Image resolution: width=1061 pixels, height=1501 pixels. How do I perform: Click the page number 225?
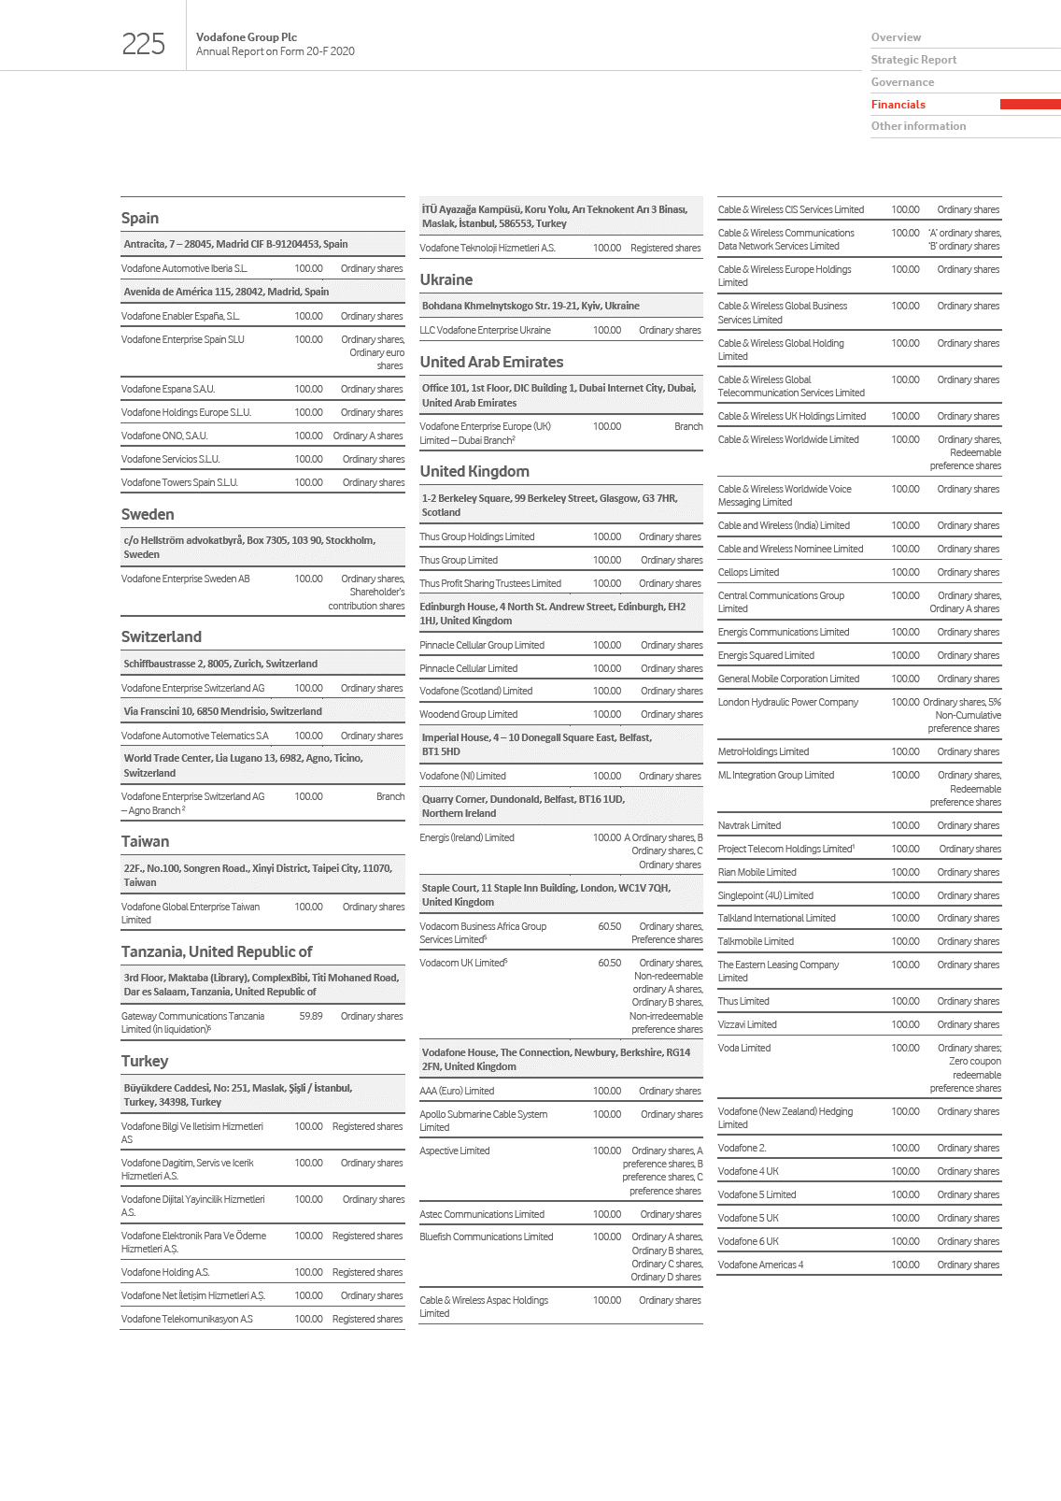click(x=143, y=44)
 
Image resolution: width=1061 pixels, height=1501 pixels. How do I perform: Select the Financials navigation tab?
click(x=898, y=105)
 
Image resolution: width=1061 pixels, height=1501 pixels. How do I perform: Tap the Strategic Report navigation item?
click(x=913, y=60)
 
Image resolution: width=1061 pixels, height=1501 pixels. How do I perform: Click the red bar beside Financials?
click(x=1029, y=105)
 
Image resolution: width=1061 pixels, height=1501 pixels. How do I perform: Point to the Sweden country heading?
click(x=148, y=515)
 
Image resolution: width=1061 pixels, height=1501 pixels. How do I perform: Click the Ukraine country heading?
click(x=446, y=280)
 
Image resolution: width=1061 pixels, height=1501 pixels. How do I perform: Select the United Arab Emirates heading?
click(x=491, y=363)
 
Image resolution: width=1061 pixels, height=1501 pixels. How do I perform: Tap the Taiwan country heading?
click(x=145, y=842)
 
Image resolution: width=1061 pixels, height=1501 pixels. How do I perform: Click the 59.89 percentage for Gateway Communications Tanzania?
click(x=310, y=1017)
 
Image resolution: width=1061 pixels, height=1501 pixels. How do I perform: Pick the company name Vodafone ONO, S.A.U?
click(x=164, y=436)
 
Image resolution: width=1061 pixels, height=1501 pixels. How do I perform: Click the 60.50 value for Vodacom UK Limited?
click(x=609, y=964)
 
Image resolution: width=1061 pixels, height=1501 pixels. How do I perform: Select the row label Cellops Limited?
click(x=748, y=573)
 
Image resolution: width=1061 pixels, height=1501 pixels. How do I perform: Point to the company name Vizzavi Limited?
click(x=747, y=1025)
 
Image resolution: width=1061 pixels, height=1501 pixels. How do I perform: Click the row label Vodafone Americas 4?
click(x=760, y=1265)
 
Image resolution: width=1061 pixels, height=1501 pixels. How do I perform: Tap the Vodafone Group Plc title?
click(x=247, y=37)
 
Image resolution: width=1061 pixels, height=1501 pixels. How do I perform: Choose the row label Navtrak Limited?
click(x=749, y=826)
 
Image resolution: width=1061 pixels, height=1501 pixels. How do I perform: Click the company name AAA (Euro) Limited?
click(x=457, y=1092)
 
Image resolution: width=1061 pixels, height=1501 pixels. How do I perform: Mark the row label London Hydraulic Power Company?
click(x=787, y=703)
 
